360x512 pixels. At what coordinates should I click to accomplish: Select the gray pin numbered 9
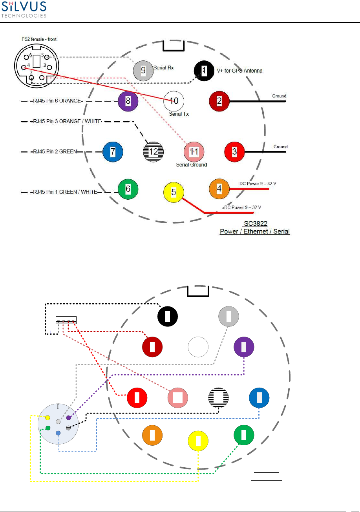pos(143,71)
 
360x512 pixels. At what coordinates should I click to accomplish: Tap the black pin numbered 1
pos(204,70)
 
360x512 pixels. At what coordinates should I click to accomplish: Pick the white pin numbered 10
pos(174,101)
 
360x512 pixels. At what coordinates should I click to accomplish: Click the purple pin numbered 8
pos(128,101)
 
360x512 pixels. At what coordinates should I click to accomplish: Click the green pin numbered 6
pos(128,189)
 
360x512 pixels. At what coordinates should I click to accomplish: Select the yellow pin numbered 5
pos(174,193)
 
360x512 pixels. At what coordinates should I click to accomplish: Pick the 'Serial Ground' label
pos(192,165)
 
